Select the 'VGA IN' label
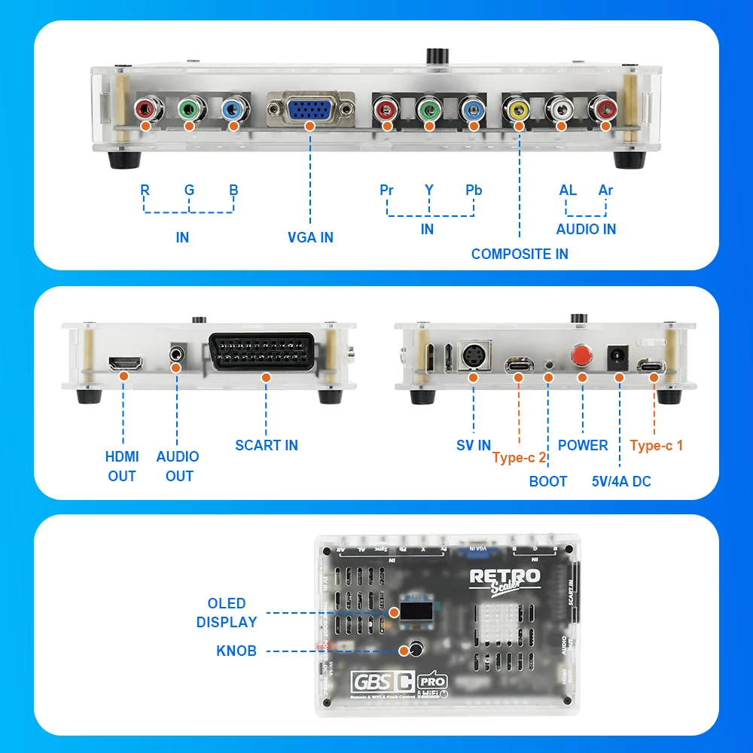(x=310, y=237)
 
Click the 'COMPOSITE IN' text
(x=520, y=254)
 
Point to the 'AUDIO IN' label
(x=586, y=229)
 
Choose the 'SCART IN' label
(x=267, y=445)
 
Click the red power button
(x=581, y=356)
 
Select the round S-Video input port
(x=474, y=357)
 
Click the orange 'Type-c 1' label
(x=657, y=445)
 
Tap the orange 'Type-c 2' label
(x=520, y=458)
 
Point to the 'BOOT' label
(x=547, y=481)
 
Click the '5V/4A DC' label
(x=621, y=481)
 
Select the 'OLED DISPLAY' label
(x=227, y=613)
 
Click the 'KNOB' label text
(x=236, y=651)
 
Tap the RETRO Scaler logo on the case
(x=505, y=580)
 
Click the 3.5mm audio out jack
(x=178, y=352)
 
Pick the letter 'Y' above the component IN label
(x=428, y=190)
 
